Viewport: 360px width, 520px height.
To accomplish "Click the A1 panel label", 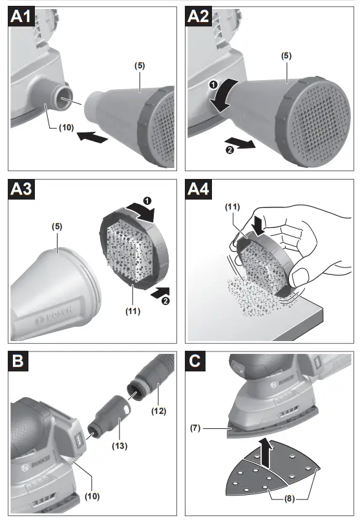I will pyautogui.click(x=21, y=17).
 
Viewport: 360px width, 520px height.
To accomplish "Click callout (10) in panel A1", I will pyautogui.click(x=67, y=127).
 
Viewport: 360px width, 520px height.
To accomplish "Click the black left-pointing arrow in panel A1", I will pyautogui.click(x=90, y=136).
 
